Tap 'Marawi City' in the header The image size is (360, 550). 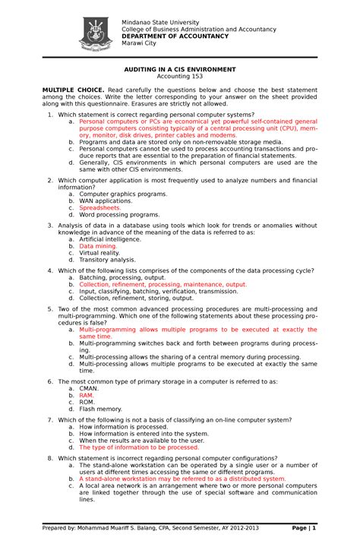(140, 43)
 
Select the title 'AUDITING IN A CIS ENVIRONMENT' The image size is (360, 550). (180, 68)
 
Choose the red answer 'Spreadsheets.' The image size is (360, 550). (100, 207)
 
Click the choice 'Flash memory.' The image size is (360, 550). (102, 409)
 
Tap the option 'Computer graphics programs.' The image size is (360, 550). (123, 194)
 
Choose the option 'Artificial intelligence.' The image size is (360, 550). (110, 239)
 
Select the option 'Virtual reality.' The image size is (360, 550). (102, 253)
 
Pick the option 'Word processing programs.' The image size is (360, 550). (119, 214)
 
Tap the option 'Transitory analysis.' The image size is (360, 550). (107, 260)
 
